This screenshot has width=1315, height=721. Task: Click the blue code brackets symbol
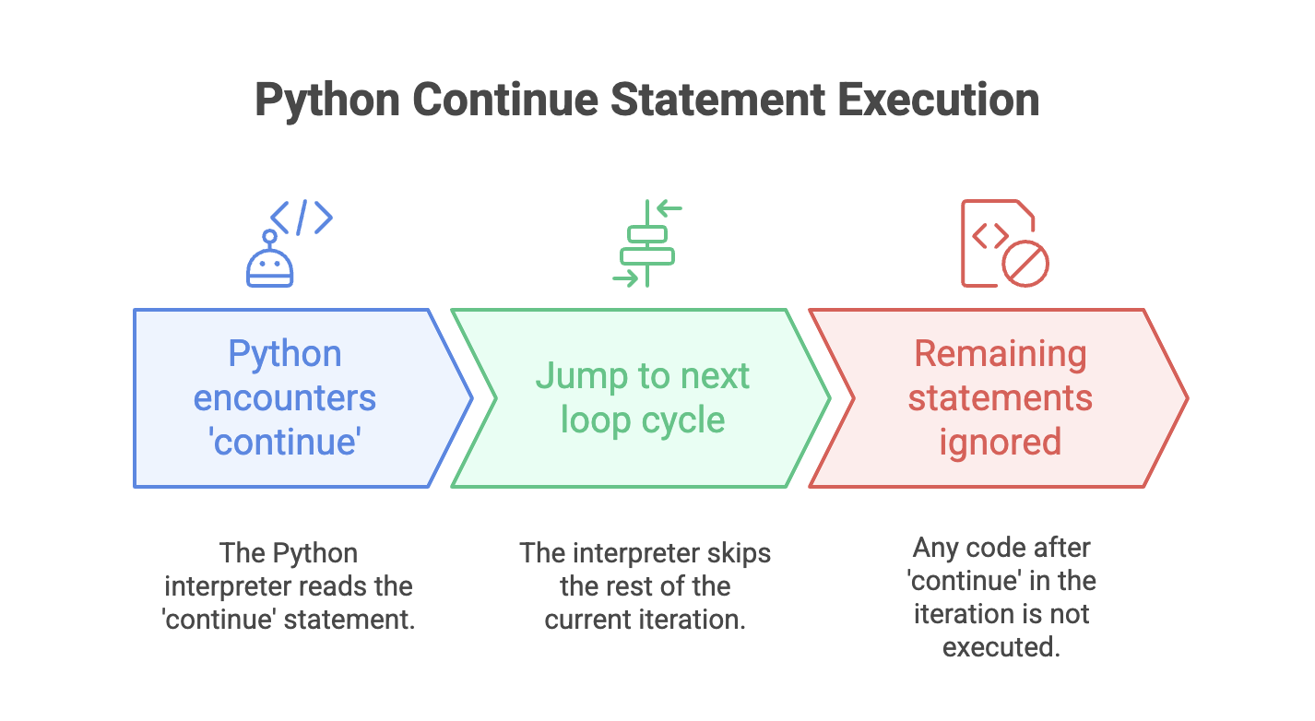[x=302, y=218]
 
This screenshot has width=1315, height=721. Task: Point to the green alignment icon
[x=647, y=243]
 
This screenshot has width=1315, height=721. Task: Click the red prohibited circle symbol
[x=1025, y=263]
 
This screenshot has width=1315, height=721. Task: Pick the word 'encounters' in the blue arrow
[x=285, y=398]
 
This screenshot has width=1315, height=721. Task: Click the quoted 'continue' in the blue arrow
[x=285, y=442]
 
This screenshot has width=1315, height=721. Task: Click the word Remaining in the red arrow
[x=1001, y=355]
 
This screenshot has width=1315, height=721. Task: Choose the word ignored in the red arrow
[x=1001, y=443]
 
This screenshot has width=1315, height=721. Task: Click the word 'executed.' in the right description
[x=1001, y=647]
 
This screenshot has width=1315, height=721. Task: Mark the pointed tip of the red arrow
[x=1188, y=398]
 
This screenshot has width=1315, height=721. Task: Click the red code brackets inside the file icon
[x=990, y=235]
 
